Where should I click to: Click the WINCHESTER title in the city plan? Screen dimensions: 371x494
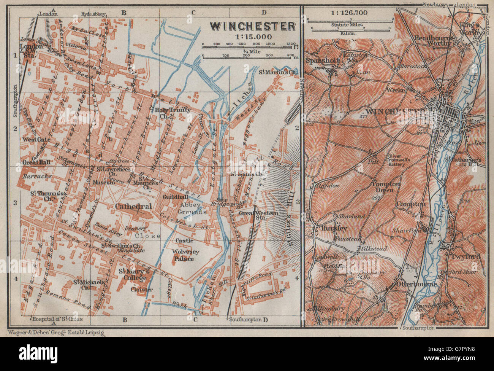(x=253, y=26)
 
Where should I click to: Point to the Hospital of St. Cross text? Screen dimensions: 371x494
(x=57, y=318)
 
